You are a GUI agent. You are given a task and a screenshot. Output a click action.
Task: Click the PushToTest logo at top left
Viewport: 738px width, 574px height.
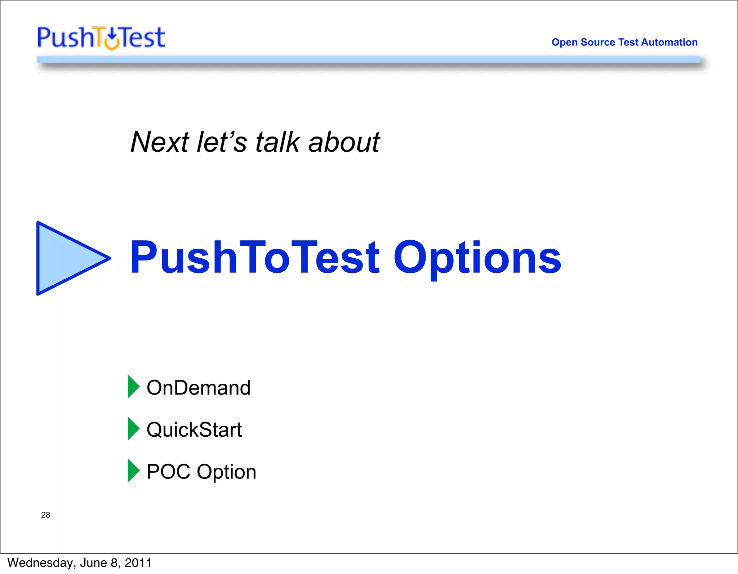(101, 37)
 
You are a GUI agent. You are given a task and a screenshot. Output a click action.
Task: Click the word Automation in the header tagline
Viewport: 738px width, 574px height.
(669, 42)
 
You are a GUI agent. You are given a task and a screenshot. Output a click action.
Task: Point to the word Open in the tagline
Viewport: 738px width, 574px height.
(564, 43)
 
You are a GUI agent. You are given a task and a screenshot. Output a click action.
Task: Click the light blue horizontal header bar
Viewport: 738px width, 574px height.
(368, 59)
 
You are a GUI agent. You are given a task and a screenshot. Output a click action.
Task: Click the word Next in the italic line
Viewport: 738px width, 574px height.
(159, 142)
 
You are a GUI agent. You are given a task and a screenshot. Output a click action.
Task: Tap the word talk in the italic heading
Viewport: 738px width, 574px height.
(277, 142)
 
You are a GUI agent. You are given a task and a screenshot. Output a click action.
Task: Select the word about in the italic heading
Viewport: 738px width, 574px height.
(343, 142)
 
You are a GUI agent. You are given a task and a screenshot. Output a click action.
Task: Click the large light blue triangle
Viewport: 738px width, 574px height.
(65, 258)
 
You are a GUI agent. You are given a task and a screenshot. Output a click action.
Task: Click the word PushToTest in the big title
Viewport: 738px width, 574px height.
(254, 257)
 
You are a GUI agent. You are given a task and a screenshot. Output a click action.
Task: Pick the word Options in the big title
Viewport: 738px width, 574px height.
(477, 258)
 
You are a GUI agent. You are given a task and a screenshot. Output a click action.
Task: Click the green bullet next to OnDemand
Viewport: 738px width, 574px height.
(133, 387)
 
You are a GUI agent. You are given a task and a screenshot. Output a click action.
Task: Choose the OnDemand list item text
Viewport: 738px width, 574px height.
(198, 388)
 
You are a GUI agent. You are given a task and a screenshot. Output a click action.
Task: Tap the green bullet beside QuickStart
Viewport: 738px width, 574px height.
(133, 429)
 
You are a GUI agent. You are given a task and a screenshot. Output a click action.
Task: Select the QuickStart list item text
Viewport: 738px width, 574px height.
(194, 430)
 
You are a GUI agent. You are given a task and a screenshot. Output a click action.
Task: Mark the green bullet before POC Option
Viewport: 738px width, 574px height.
(133, 471)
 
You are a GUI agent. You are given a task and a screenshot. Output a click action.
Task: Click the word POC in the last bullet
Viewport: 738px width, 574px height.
(168, 472)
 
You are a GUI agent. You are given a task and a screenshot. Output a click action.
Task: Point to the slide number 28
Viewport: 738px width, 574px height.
(45, 515)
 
